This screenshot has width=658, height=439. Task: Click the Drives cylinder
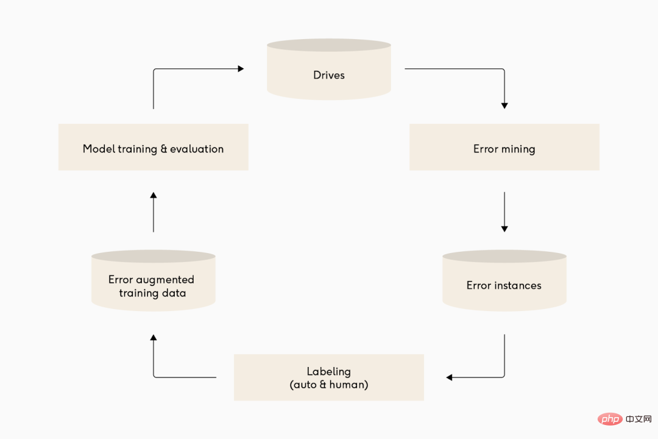329,70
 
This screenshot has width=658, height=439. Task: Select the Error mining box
504,147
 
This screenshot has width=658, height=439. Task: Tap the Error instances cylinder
504,280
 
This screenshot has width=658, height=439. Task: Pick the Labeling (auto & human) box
329,377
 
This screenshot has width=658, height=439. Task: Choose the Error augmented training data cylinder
154,280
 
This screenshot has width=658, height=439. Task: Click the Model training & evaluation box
154,147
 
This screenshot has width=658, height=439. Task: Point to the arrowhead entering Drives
241,68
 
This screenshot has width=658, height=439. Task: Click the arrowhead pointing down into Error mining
504,106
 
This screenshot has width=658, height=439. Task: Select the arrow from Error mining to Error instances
504,212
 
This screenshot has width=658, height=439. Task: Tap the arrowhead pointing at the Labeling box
449,377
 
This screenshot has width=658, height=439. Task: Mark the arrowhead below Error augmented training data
154,337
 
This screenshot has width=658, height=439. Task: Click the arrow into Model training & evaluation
154,212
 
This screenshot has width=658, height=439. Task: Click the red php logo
610,419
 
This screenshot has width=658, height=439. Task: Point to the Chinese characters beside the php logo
639,419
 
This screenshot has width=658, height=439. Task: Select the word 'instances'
518,285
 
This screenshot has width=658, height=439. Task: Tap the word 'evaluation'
197,149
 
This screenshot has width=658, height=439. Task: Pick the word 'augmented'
165,280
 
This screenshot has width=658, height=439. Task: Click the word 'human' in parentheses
347,384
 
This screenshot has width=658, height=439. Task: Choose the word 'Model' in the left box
99,149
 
